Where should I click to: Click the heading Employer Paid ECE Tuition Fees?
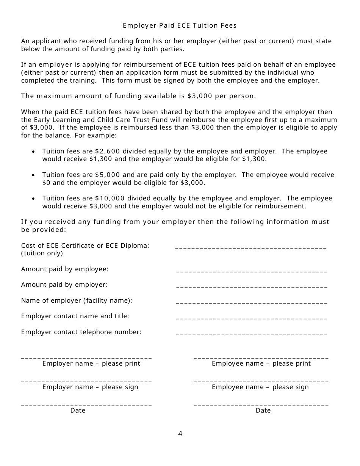point(180,25)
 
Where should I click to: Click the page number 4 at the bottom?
point(180,434)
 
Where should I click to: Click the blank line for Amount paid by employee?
point(252,272)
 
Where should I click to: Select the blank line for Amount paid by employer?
point(252,287)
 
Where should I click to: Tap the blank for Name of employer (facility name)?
point(252,303)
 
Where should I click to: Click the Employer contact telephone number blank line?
point(252,335)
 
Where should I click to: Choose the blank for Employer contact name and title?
point(252,319)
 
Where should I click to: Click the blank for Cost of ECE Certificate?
point(251,248)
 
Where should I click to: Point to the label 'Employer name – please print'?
point(91,363)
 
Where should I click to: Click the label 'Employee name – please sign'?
point(260,387)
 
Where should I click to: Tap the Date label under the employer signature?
point(78,410)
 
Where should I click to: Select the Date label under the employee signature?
point(263,410)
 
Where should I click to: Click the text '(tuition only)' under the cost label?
point(42,253)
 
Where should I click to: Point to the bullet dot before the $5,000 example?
point(34,175)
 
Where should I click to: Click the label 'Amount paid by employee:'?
point(65,269)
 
